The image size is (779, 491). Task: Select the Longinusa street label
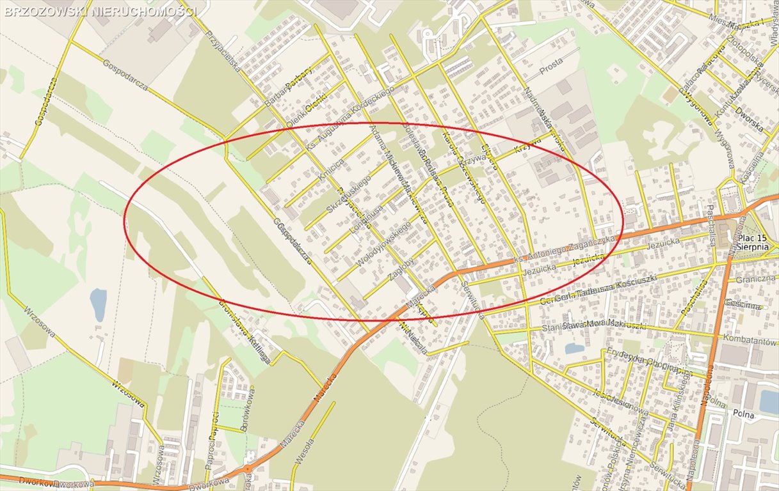367,218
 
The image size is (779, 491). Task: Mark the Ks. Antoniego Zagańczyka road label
563,249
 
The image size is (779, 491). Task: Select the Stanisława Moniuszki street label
584,326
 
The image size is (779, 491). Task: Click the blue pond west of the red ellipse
98,304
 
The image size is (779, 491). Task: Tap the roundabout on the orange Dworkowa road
247,470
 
